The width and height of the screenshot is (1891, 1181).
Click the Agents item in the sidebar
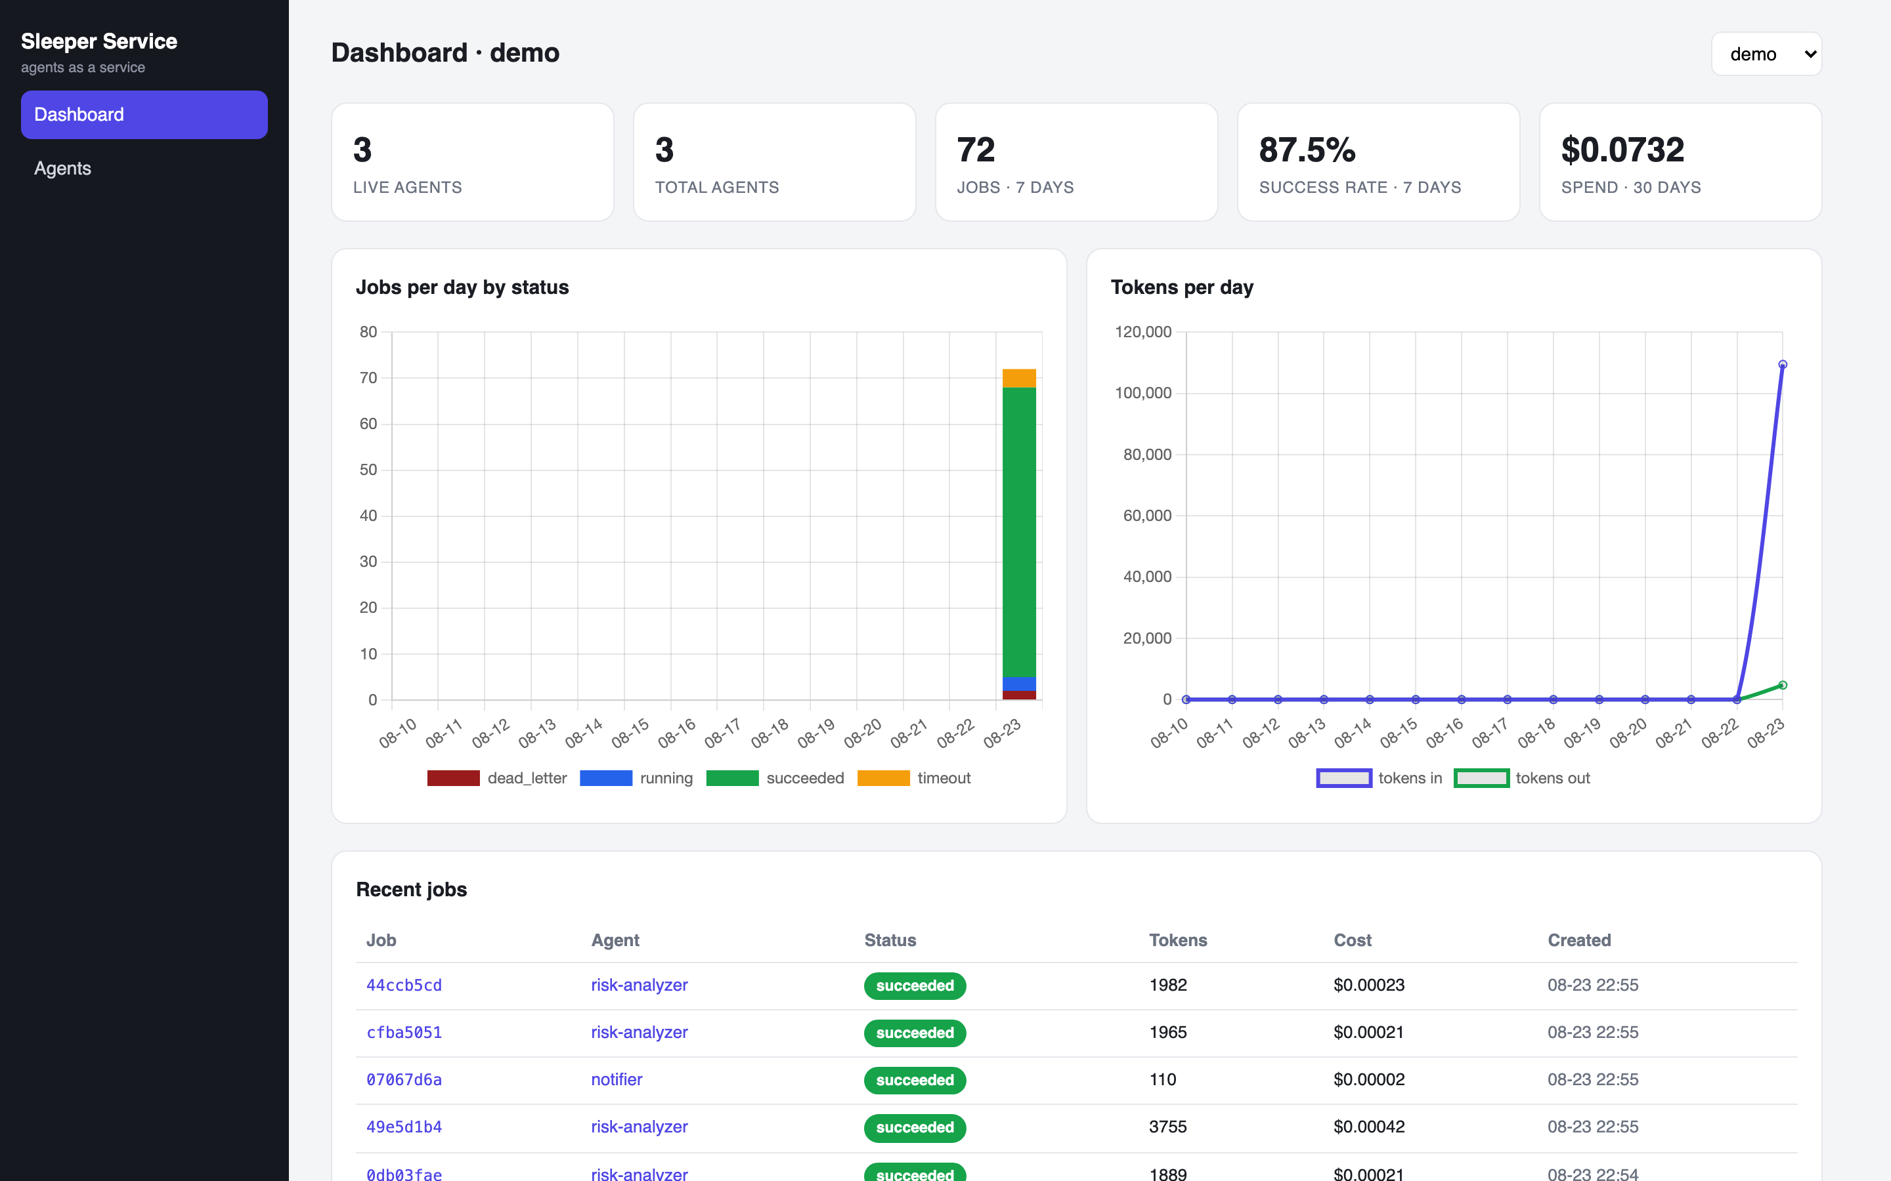point(62,168)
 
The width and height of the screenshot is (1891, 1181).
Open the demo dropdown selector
point(1766,54)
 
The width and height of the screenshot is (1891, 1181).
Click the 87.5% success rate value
point(1307,150)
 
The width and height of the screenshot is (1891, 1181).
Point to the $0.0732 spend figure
point(1622,150)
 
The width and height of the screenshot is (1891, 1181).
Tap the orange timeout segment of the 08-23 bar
point(1019,378)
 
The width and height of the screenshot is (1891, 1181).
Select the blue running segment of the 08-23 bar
point(1019,684)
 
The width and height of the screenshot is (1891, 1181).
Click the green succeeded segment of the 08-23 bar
point(1019,532)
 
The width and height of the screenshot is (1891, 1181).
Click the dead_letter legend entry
point(497,778)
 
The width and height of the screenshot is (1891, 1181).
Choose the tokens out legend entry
point(1522,778)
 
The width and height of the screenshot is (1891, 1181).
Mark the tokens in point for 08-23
point(1783,365)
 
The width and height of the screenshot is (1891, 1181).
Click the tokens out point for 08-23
point(1783,685)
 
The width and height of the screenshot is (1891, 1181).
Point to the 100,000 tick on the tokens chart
point(1143,393)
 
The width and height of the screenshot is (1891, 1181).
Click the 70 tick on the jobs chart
point(368,378)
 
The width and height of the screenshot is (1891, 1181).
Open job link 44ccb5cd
point(404,985)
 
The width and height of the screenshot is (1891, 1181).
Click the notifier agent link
point(617,1079)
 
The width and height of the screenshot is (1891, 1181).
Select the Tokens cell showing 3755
point(1167,1127)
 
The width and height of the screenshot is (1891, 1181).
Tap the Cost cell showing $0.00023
point(1369,985)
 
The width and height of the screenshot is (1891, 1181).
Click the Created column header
point(1579,940)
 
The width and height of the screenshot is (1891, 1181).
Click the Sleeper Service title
point(99,41)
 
